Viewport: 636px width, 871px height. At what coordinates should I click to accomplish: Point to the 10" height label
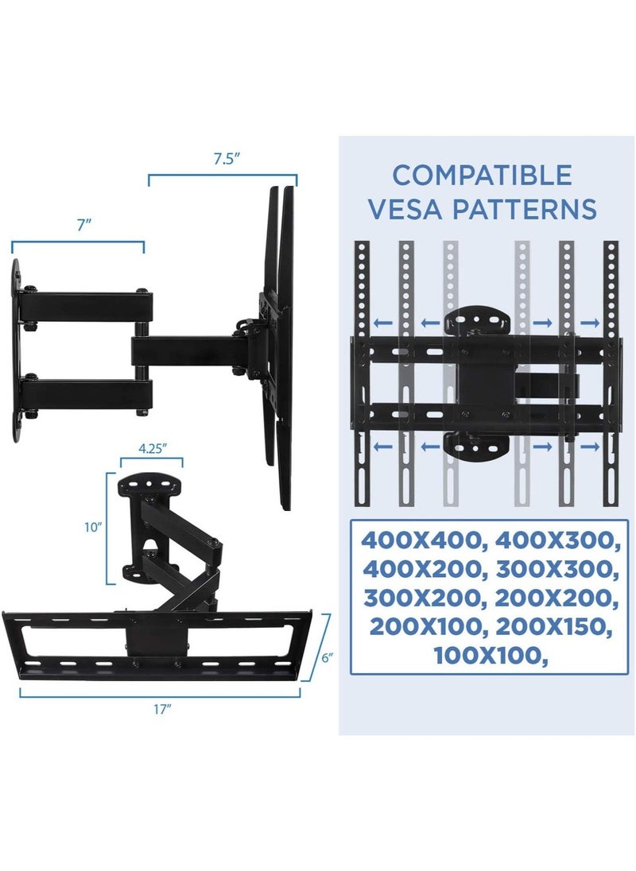click(x=95, y=527)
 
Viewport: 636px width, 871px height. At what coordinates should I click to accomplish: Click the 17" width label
click(x=163, y=709)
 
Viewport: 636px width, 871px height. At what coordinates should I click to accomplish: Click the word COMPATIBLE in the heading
click(x=482, y=175)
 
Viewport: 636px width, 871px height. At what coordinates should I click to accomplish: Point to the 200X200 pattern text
click(x=554, y=598)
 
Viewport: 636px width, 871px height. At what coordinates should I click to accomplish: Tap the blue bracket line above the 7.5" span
click(x=223, y=176)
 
